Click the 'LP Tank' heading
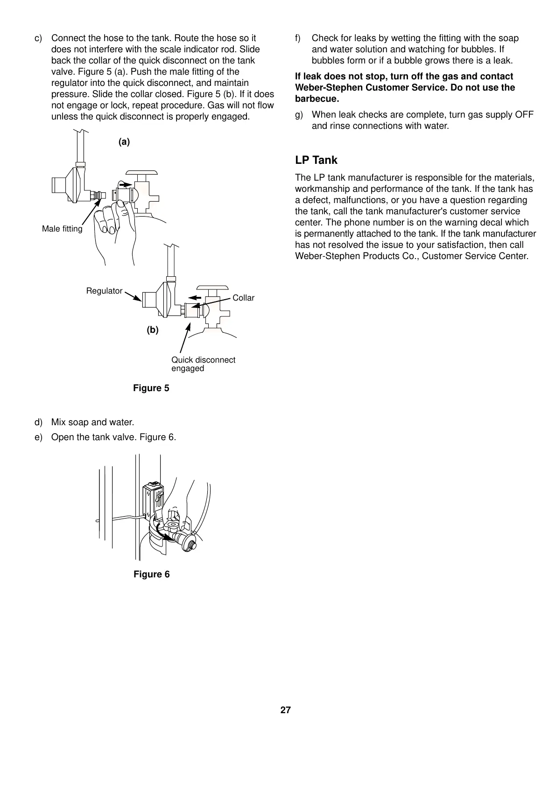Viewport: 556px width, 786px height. coord(316,160)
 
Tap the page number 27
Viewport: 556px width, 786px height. coord(285,710)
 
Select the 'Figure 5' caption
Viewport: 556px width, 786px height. coord(151,388)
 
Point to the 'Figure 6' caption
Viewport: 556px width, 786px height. coord(152,574)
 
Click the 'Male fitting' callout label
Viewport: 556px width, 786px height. coord(62,229)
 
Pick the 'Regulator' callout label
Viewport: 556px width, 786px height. coord(104,291)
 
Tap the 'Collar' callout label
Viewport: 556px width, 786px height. coord(243,298)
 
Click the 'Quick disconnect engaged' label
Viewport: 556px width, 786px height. coord(203,364)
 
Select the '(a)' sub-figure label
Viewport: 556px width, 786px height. coord(124,142)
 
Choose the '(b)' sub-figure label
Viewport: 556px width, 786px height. coord(153,330)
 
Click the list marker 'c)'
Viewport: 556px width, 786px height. coord(38,38)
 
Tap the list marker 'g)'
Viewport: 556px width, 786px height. coord(299,115)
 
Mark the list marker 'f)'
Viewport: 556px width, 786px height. coord(298,38)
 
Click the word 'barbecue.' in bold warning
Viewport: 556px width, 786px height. coord(317,99)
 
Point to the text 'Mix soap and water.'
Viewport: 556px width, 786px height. coord(92,422)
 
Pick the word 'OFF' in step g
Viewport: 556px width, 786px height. coord(524,115)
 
